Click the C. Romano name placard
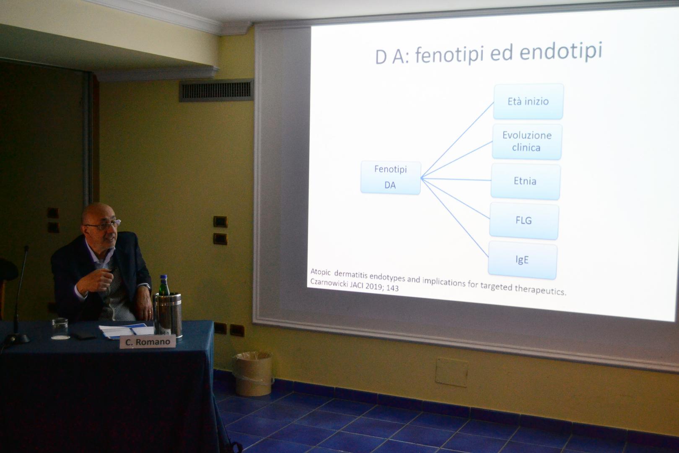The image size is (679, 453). (148, 342)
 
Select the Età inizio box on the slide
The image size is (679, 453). (529, 102)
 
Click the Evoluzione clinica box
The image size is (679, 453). (527, 141)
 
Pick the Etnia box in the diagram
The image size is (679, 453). (526, 182)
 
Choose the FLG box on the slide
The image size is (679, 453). (524, 221)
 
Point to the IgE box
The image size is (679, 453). (523, 260)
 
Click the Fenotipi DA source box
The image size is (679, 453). (391, 177)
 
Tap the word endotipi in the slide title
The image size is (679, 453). (561, 52)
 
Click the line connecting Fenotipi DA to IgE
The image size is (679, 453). (455, 217)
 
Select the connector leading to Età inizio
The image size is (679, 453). (457, 140)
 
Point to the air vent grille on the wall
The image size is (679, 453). (216, 90)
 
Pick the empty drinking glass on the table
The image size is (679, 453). (60, 328)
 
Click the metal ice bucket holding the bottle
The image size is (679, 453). (168, 314)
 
